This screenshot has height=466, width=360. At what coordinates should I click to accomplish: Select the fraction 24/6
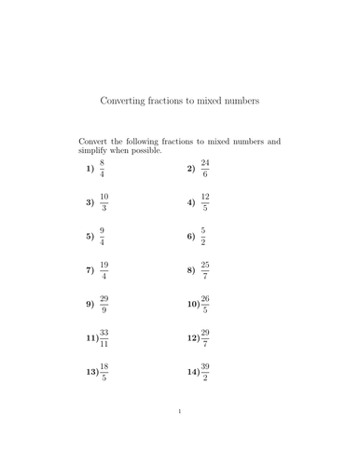(x=205, y=170)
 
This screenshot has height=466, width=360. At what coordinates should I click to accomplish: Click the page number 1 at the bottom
(x=179, y=437)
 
